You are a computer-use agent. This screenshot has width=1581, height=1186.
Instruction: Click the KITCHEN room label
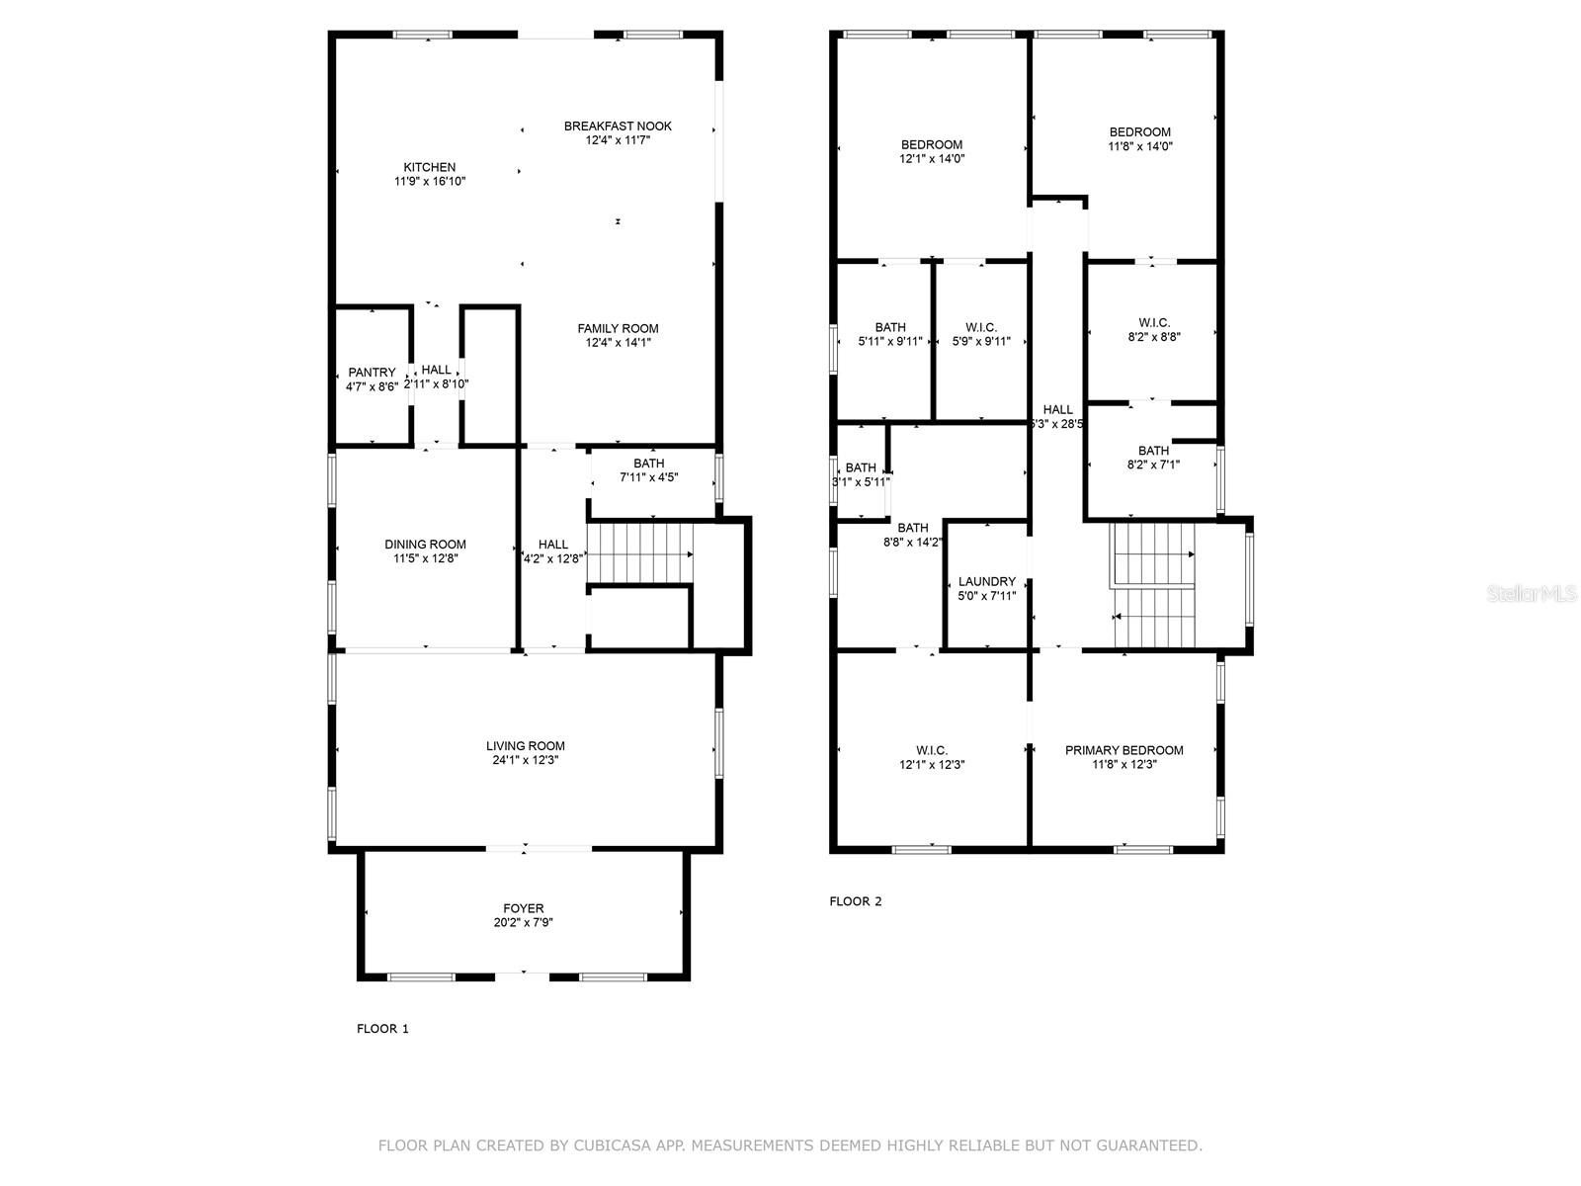(429, 168)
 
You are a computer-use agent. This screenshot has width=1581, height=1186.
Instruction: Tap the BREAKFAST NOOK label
(618, 127)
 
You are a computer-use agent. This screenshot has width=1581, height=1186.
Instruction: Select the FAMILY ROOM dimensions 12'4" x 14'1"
(618, 343)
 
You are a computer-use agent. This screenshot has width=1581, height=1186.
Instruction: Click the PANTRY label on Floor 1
(372, 373)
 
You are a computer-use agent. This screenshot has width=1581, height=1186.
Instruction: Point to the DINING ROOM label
(425, 545)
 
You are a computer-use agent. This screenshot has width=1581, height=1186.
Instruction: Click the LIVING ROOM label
(525, 746)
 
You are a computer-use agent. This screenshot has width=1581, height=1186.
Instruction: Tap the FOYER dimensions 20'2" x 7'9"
(523, 922)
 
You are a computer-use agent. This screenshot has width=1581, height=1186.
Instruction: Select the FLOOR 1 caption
(382, 1029)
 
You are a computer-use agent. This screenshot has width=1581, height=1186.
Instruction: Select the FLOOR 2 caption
(855, 901)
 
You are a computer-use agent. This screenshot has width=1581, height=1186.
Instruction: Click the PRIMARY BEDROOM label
(1123, 750)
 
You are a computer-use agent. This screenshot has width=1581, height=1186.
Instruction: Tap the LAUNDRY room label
(986, 582)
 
